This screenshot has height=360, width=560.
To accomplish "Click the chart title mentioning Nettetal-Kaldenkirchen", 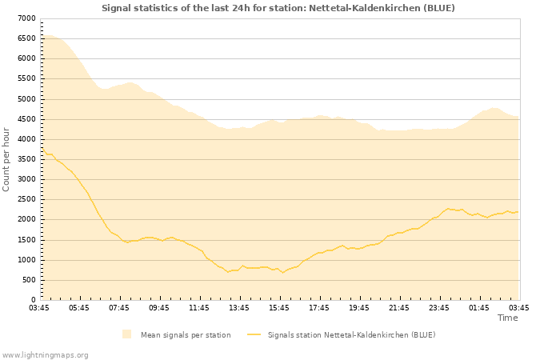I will click(278, 8).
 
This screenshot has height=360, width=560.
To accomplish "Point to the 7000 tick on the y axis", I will click(26, 18).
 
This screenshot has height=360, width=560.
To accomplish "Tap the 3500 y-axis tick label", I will click(26, 159).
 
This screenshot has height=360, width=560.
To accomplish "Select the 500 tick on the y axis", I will click(29, 280).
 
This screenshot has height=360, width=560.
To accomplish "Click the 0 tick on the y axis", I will click(33, 300).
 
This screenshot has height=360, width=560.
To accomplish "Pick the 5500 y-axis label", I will click(26, 78).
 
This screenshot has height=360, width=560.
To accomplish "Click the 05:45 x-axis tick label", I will click(79, 307).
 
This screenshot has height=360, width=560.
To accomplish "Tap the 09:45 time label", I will click(159, 307).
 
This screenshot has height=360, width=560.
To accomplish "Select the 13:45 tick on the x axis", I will click(239, 307).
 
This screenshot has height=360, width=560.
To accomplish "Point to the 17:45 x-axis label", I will click(319, 307).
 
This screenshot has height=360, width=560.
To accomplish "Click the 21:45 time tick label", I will click(399, 307).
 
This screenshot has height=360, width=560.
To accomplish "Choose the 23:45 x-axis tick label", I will click(439, 307).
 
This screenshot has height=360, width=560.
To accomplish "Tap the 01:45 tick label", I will click(479, 307).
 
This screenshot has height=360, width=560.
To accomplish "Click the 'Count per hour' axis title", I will click(7, 159).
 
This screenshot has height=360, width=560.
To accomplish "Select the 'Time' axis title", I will click(507, 318).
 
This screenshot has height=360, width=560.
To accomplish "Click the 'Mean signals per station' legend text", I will click(186, 334).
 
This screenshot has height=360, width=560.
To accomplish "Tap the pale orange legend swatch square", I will click(126, 334).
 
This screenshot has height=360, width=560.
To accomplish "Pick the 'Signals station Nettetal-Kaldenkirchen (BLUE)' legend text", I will click(351, 334).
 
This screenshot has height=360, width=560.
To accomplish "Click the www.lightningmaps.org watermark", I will click(46, 354).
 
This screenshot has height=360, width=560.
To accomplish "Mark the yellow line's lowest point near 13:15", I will click(228, 272).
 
